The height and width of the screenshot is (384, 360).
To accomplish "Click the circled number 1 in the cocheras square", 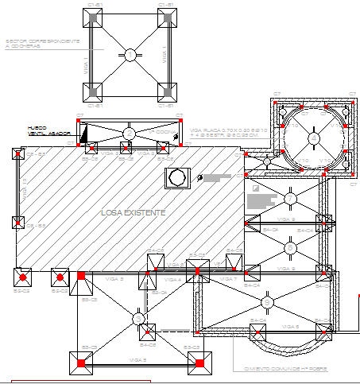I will coord(130,55).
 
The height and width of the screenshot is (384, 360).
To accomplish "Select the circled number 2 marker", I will coord(130,131).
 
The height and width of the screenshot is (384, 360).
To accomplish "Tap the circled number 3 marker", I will coord(140,319).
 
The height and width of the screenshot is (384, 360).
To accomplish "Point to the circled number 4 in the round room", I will coord(314,138).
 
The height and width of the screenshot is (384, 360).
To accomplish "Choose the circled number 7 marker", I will coord(291,248).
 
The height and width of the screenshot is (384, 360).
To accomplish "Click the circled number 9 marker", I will coord(291,196).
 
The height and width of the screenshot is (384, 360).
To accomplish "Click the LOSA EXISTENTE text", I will coord(133,213).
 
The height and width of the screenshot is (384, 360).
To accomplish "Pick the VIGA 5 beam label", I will coord(139,361).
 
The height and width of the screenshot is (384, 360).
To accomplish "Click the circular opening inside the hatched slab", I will coord(176,176).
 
